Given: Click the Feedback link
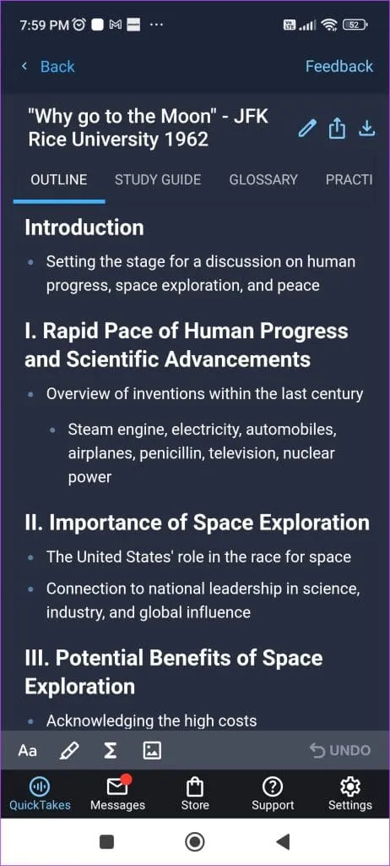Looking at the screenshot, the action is tap(339, 67).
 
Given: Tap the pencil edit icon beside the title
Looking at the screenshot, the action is tap(307, 129).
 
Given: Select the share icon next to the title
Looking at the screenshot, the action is tap(337, 129).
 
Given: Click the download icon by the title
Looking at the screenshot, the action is tap(367, 129).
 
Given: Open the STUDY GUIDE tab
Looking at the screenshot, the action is tap(158, 179).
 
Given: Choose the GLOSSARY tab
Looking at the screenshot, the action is tap(263, 179).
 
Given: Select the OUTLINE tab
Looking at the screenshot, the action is tap(58, 179).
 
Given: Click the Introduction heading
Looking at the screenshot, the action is tap(84, 227).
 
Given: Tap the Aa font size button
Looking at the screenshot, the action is tap(28, 750).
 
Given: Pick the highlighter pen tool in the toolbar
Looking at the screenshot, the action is tap(69, 750).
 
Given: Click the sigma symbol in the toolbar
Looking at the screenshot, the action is tap(111, 750).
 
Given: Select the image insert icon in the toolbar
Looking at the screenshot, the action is tap(151, 750).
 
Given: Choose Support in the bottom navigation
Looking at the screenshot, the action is tap(273, 793).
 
